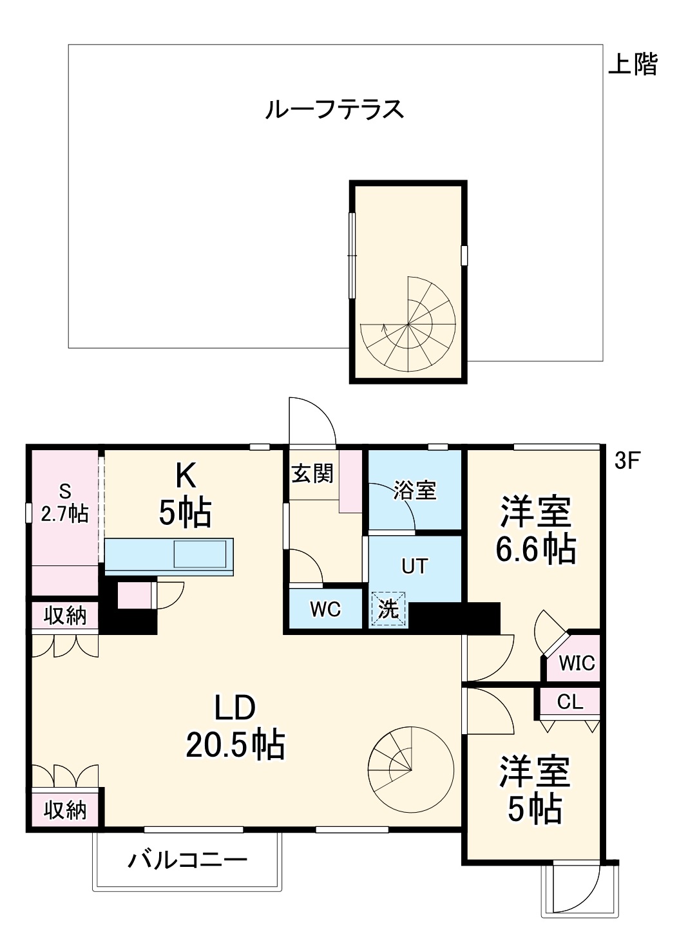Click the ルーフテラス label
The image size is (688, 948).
tap(334, 109)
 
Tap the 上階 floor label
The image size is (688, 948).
tap(633, 64)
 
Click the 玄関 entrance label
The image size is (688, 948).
tap(312, 473)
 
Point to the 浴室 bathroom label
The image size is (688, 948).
tap(416, 490)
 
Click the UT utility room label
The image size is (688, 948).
tap(414, 566)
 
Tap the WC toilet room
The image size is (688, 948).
tap(325, 609)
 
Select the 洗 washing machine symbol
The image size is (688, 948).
tap(388, 609)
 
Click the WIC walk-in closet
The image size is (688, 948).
tap(577, 662)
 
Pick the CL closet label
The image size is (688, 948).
tap(569, 701)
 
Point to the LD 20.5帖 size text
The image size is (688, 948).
tap(235, 745)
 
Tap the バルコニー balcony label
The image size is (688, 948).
tap(187, 860)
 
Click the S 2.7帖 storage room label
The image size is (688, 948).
tap(64, 504)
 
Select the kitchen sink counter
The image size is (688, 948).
tap(169, 554)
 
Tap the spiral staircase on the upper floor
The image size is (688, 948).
tap(408, 325)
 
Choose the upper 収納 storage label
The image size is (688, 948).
tap(65, 616)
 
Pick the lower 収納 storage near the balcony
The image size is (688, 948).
tap(65, 810)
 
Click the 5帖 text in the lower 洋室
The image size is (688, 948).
tap(535, 809)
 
